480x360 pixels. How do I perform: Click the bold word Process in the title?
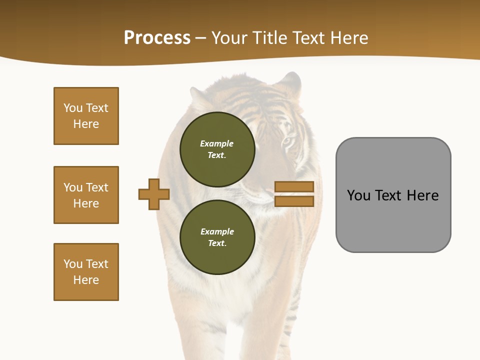(157, 38)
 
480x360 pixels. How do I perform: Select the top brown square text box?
(86, 116)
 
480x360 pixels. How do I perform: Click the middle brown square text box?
(86, 195)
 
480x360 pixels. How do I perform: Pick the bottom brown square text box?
(86, 272)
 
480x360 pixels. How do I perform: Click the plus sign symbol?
(154, 194)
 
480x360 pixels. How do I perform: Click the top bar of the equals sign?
(294, 186)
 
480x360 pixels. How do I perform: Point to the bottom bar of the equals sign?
(294, 201)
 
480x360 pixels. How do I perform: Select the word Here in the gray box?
(422, 195)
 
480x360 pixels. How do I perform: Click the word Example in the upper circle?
(217, 143)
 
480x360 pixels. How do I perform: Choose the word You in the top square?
(72, 108)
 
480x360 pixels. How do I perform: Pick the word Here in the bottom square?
(86, 280)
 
